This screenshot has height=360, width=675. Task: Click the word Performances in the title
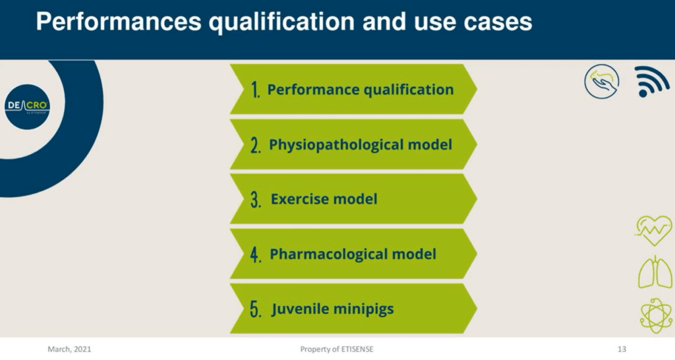click(x=119, y=22)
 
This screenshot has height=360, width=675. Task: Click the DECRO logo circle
click(x=28, y=107)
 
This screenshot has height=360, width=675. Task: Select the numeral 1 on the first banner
click(x=256, y=90)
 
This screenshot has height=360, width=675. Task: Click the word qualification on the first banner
click(x=409, y=90)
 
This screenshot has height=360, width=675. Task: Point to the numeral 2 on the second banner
click(x=256, y=144)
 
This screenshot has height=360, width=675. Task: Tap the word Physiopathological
click(x=336, y=145)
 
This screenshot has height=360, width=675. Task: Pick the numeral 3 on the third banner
click(x=256, y=199)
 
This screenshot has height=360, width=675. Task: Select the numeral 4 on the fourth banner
click(x=256, y=255)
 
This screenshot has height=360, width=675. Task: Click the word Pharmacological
click(x=328, y=254)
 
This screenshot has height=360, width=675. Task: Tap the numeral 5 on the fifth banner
click(x=256, y=309)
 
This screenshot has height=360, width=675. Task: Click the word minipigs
click(x=364, y=309)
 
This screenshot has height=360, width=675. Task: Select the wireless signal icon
click(x=651, y=81)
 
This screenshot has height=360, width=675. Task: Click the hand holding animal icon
click(x=602, y=81)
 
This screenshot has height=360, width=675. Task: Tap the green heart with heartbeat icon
click(x=653, y=230)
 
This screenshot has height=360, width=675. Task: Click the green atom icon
click(x=655, y=316)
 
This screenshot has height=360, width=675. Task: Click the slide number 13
click(x=622, y=349)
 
